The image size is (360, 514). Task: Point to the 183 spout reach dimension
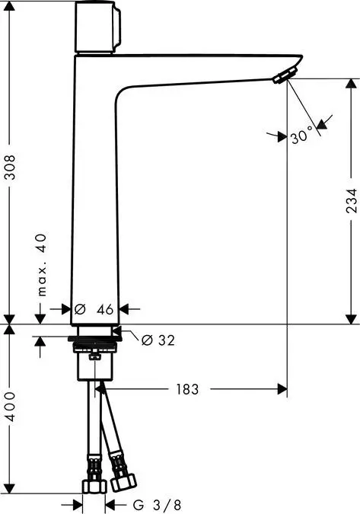click(187, 389)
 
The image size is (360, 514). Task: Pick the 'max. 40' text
click(43, 265)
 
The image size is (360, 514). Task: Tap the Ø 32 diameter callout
click(158, 340)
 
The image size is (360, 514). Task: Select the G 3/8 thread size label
click(156, 504)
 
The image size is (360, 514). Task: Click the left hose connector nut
click(93, 487)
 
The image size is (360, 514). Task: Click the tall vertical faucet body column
click(94, 190)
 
